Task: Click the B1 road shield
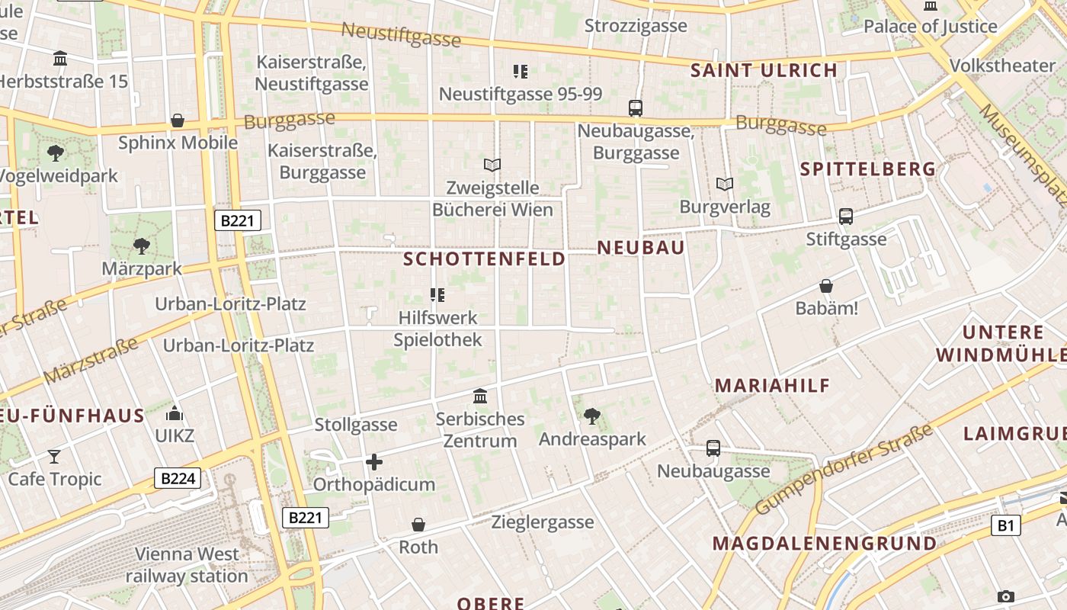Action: point(1006,525)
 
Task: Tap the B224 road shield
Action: point(178,478)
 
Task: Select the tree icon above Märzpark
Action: point(141,246)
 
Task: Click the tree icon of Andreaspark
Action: point(591,416)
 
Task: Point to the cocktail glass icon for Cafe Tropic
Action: point(54,456)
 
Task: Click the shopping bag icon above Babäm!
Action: point(826,286)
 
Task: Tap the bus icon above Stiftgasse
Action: point(846,217)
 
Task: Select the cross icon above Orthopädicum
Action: point(373,461)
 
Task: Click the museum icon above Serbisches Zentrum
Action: point(480,396)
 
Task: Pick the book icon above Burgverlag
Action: point(724,184)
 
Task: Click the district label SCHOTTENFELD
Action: point(484,259)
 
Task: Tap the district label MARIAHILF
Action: point(772,386)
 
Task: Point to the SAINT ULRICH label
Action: point(764,71)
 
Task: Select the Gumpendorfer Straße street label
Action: point(844,470)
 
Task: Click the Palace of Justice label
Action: point(930,27)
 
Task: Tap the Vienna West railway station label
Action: point(187,565)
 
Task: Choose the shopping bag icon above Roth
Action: point(418,525)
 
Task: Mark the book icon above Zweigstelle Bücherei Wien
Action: point(492,165)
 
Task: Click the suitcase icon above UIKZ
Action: point(175,414)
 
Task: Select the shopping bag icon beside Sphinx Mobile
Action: point(178,120)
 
